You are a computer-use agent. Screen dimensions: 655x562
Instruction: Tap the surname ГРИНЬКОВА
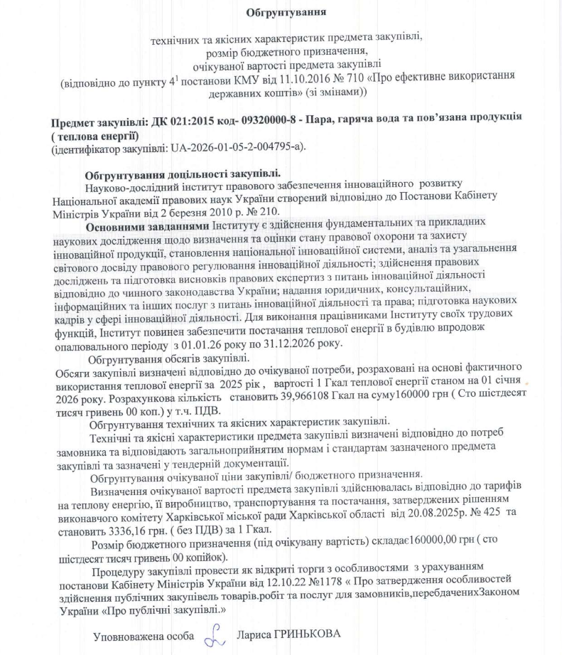307,634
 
